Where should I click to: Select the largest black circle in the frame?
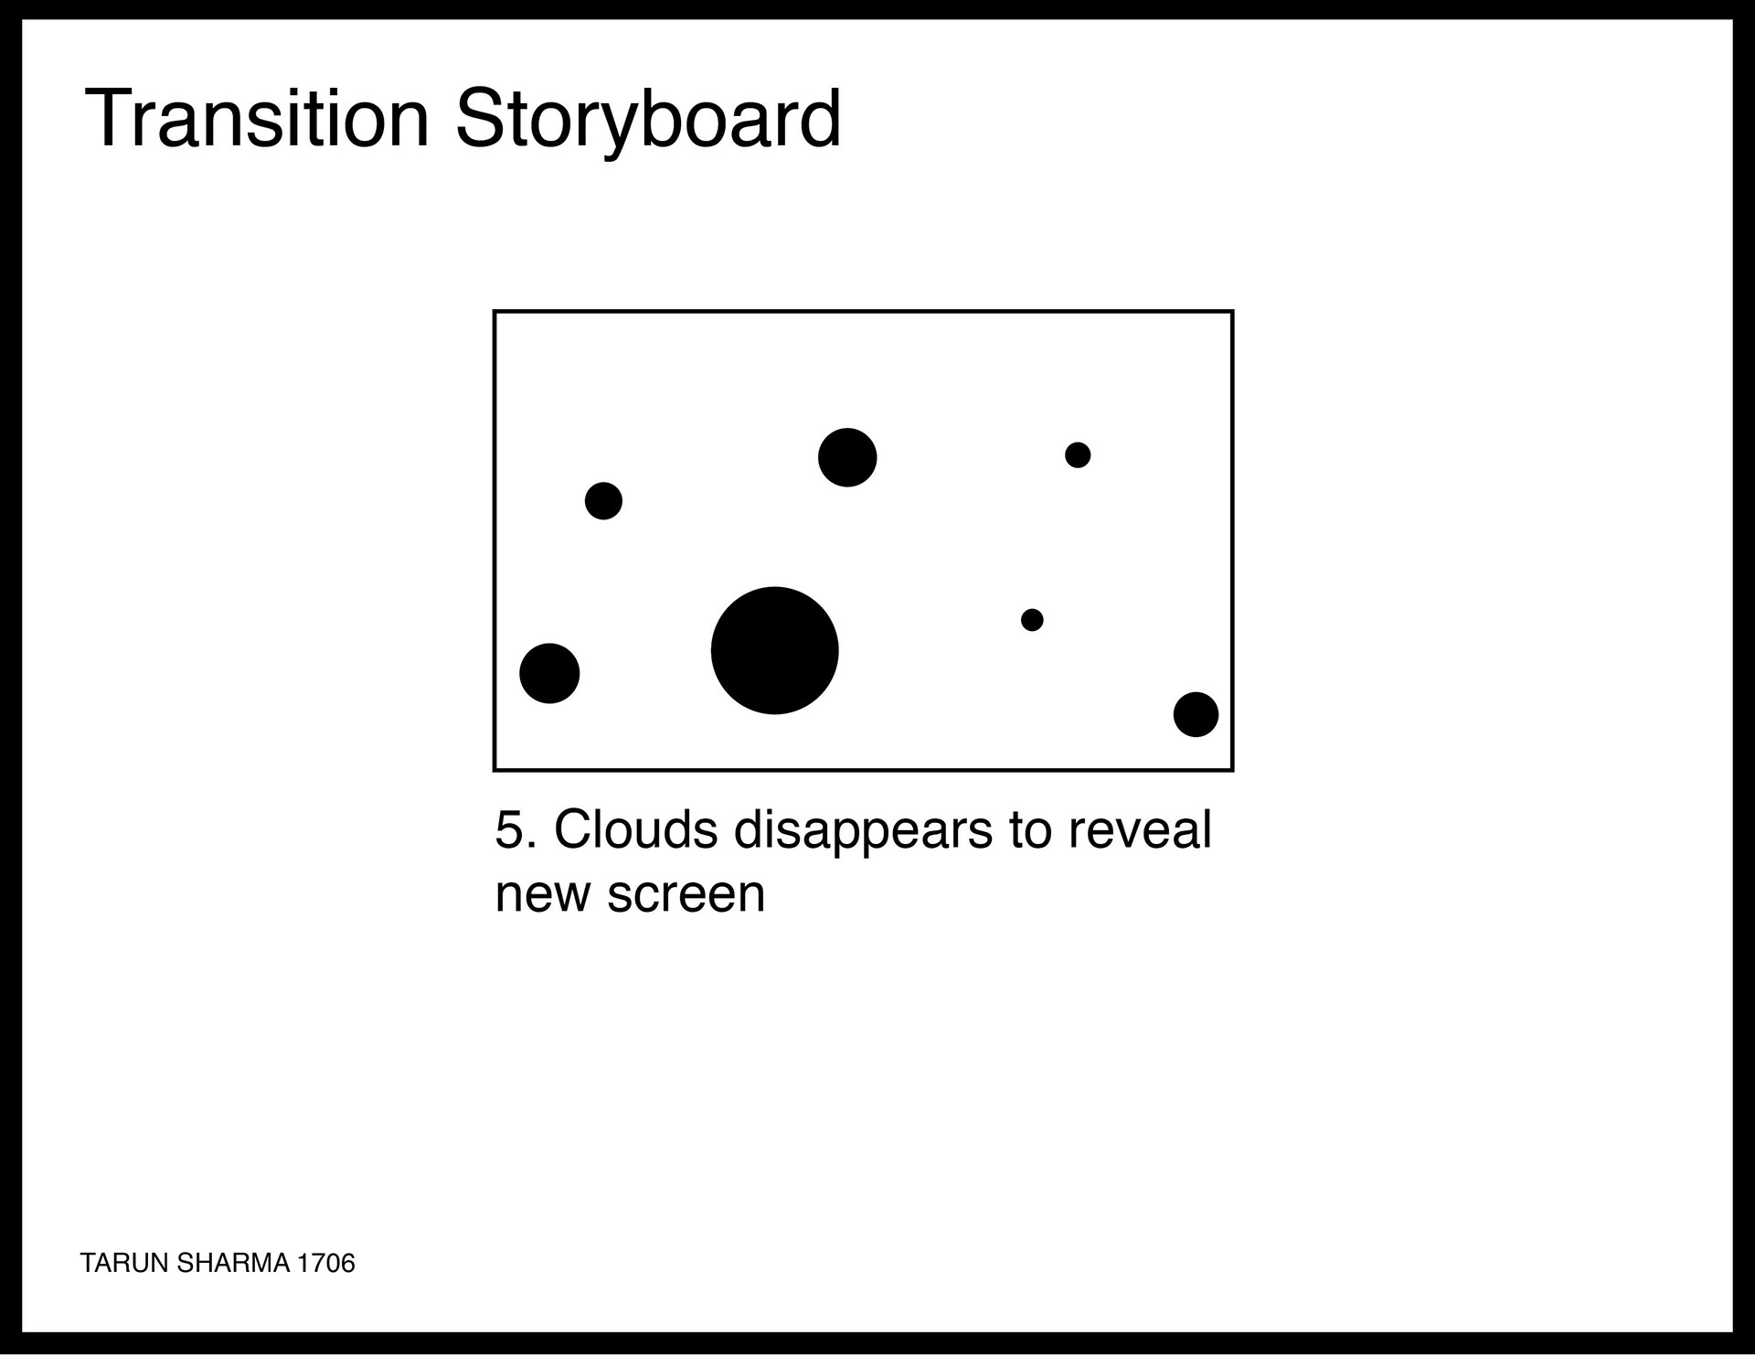click(774, 650)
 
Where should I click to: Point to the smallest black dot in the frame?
click(1032, 620)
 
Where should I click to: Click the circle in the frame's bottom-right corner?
click(1196, 714)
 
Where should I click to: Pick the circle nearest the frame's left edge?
click(549, 674)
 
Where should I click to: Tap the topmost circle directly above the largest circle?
click(847, 457)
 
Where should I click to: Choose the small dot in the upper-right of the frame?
click(1078, 454)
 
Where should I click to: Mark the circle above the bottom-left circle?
click(603, 501)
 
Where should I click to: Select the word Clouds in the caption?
click(635, 829)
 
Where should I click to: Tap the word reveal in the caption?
click(1139, 829)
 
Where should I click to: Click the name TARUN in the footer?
click(124, 1263)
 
